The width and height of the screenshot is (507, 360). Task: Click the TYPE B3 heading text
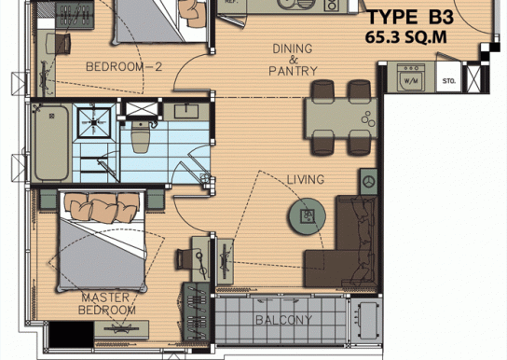[411, 17]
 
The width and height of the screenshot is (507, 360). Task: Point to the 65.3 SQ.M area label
[406, 37]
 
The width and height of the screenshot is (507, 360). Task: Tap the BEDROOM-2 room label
[124, 67]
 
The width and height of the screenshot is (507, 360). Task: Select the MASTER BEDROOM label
[106, 304]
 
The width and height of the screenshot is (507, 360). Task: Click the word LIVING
[306, 179]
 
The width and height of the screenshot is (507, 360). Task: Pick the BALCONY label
[283, 320]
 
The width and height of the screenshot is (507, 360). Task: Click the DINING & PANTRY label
[293, 60]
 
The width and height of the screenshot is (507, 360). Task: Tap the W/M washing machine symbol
[411, 77]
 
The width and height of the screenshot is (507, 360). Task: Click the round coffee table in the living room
[307, 216]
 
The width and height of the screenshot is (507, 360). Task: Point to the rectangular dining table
[341, 118]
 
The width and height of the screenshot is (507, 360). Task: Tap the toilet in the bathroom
[141, 136]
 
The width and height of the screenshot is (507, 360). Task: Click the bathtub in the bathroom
[52, 143]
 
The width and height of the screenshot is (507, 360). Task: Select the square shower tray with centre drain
[94, 122]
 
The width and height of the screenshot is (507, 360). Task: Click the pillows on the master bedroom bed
[102, 208]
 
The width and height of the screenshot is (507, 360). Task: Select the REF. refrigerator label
[231, 2]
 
